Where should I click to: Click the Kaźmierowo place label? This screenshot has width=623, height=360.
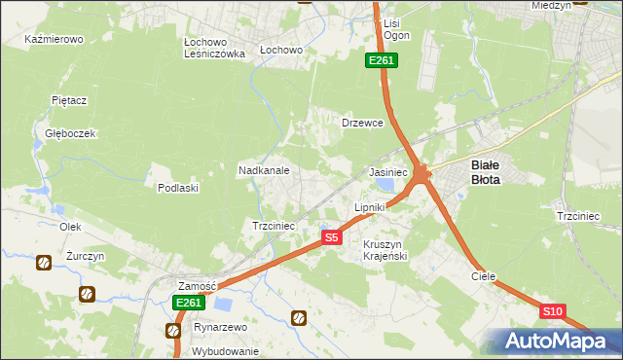pyautogui.click(x=54, y=40)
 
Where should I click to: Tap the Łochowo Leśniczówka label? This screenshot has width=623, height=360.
pyautogui.click(x=214, y=49)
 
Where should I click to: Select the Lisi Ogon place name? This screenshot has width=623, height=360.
pyautogui.click(x=396, y=29)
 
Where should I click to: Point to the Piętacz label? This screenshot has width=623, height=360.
pyautogui.click(x=70, y=100)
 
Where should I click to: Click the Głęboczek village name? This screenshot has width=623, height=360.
pyautogui.click(x=62, y=133)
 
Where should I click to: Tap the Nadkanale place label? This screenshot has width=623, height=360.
pyautogui.click(x=264, y=170)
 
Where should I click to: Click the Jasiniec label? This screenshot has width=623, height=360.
pyautogui.click(x=387, y=171)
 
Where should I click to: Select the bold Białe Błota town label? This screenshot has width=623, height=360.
pyautogui.click(x=486, y=172)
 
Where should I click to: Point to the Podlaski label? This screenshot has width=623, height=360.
pyautogui.click(x=178, y=188)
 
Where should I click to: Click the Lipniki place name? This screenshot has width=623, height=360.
pyautogui.click(x=370, y=208)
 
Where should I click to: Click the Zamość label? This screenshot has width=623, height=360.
pyautogui.click(x=196, y=286)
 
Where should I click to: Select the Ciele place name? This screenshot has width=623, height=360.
pyautogui.click(x=484, y=276)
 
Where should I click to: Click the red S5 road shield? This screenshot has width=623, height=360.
pyautogui.click(x=332, y=237)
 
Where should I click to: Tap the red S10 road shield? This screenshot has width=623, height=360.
pyautogui.click(x=552, y=311)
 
